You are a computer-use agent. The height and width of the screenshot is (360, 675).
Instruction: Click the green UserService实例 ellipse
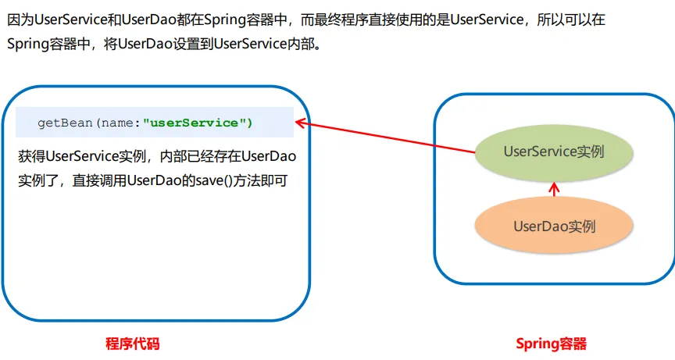pyautogui.click(x=554, y=151)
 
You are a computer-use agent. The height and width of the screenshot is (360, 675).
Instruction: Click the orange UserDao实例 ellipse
pyautogui.click(x=554, y=226)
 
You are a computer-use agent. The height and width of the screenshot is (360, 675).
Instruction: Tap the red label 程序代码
pyautogui.click(x=132, y=344)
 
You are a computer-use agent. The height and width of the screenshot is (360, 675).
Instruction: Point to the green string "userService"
pyautogui.click(x=195, y=123)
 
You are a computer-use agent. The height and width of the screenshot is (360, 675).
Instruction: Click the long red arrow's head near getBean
pyautogui.click(x=299, y=122)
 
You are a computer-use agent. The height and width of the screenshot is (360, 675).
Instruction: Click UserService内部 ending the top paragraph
pyautogui.click(x=269, y=43)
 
